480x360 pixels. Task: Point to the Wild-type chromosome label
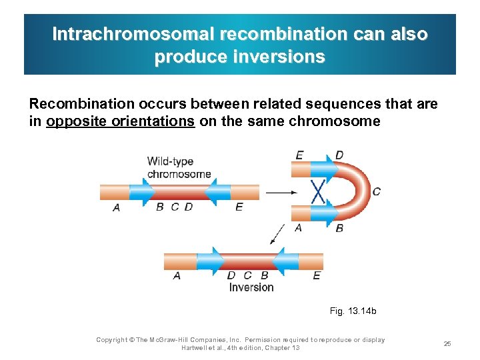179,167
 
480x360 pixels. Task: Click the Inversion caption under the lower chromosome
251,287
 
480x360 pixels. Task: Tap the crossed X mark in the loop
319,192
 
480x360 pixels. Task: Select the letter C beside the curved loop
377,191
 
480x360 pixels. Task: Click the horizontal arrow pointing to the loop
281,193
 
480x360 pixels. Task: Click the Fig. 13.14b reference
353,311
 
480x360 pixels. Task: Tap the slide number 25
447,343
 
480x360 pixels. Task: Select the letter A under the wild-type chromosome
117,207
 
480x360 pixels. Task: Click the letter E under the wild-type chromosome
239,207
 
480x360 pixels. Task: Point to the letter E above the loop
299,155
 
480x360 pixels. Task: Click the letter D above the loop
339,155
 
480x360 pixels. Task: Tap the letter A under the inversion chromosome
176,275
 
